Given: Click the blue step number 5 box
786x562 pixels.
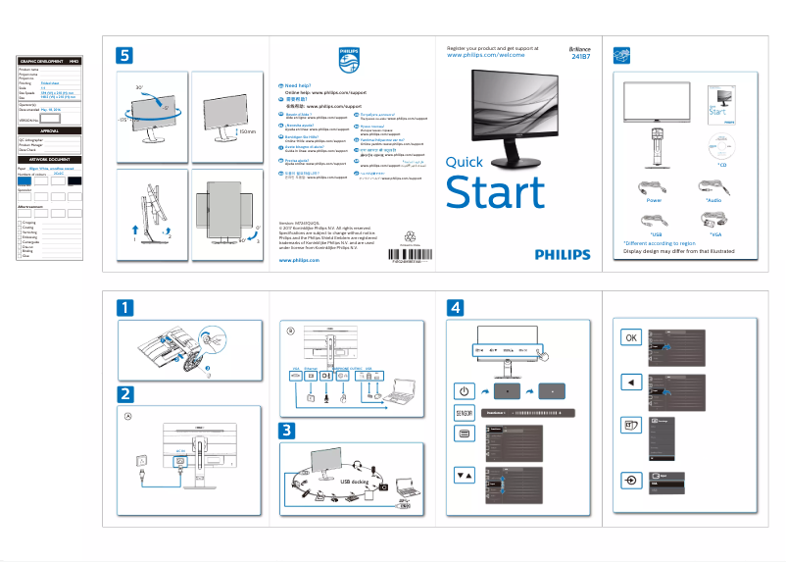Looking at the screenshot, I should tap(124, 55).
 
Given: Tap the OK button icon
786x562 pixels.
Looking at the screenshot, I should tap(632, 337).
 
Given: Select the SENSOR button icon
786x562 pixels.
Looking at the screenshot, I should tap(465, 413).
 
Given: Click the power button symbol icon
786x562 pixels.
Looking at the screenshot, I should tap(465, 391).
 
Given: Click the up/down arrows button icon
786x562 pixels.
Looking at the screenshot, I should tap(465, 475).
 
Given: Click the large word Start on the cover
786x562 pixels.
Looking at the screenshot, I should tap(493, 192).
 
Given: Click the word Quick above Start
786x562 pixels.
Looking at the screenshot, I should tap(464, 163).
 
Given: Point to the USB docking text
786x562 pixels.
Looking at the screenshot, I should tap(358, 482).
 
